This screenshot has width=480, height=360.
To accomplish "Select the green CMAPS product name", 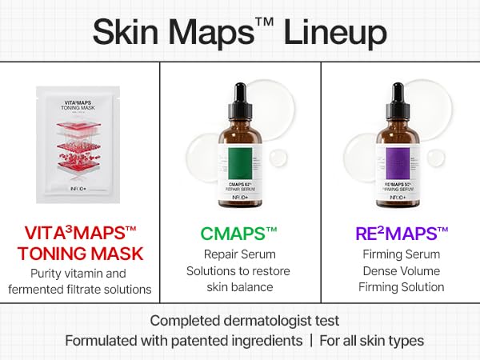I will click(240, 234).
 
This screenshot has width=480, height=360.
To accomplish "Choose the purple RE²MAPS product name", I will click(400, 234).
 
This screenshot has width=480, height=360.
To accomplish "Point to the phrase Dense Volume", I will click(400, 270).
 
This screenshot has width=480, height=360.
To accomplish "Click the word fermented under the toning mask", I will click(42, 288).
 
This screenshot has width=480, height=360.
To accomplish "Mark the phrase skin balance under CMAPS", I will click(240, 287).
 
